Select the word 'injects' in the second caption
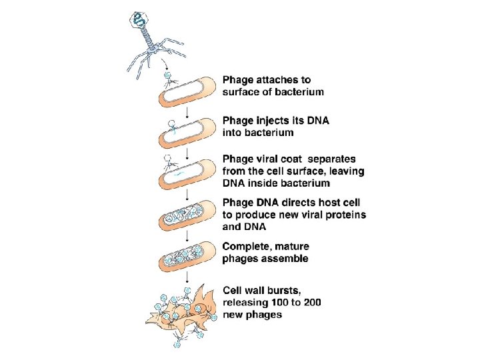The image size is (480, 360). click(275, 121)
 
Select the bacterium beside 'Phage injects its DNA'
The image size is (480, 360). click(187, 135)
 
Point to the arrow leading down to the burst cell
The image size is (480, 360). click(188, 277)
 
